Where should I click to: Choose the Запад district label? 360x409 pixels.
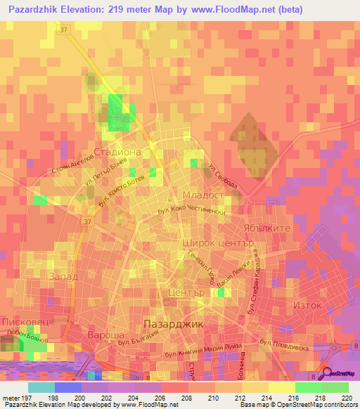point(63,277)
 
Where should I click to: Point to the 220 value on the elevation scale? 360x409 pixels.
point(345,397)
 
